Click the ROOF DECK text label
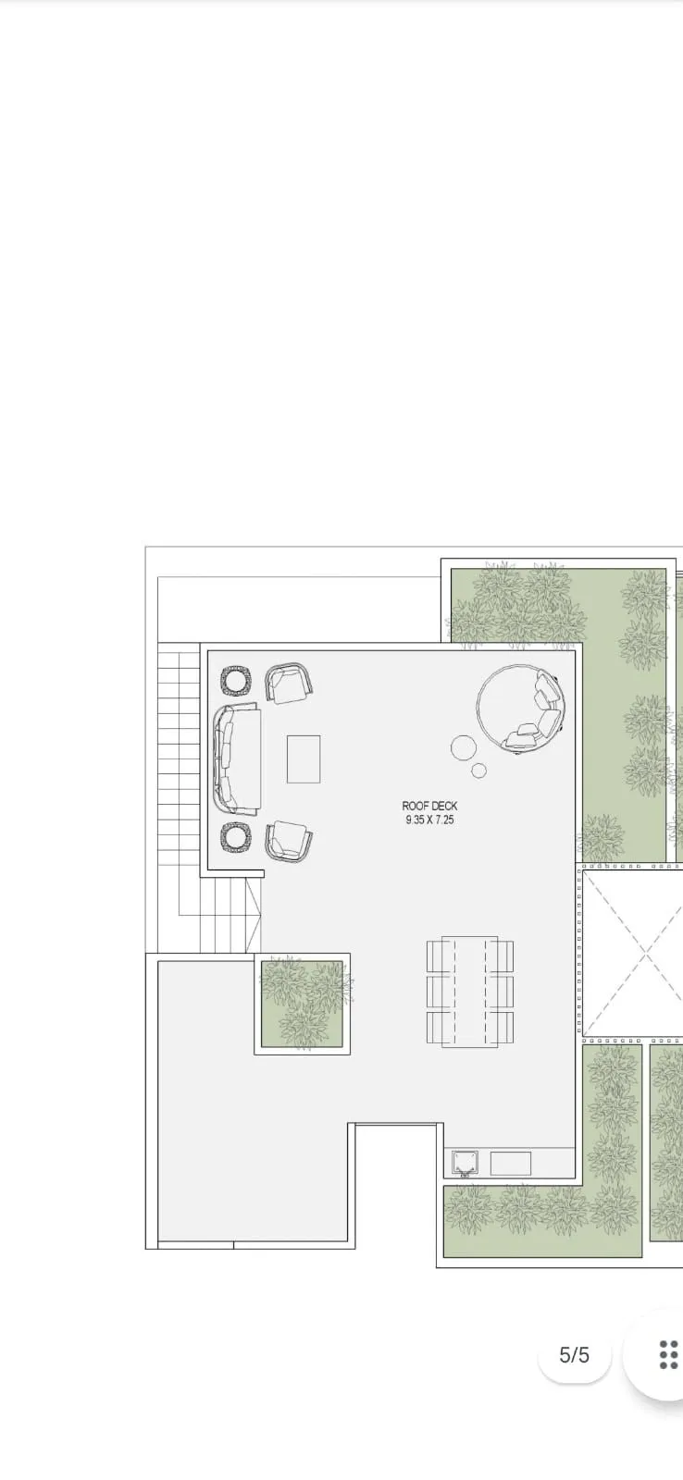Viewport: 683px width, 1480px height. pos(429,807)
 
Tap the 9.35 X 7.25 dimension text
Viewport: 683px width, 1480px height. pos(429,820)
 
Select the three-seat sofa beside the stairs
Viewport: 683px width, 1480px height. pos(236,758)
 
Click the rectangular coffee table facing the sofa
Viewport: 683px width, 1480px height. pos(304,758)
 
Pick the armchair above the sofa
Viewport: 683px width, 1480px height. pos(289,684)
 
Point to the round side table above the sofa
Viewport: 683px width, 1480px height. pos(237,681)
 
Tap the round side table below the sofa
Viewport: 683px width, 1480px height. pos(236,837)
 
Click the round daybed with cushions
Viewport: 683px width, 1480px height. pos(519,708)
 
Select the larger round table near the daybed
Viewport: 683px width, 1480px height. pos(464,747)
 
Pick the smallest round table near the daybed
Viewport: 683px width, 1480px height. pos(479,770)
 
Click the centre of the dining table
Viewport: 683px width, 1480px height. pos(469,992)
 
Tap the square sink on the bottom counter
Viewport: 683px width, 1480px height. pos(465,1162)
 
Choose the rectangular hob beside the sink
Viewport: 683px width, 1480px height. pos(510,1163)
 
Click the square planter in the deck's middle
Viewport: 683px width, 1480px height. pos(303,1004)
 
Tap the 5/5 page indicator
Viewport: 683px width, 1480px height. pos(574,1355)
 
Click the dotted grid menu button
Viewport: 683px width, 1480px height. pos(668,1354)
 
